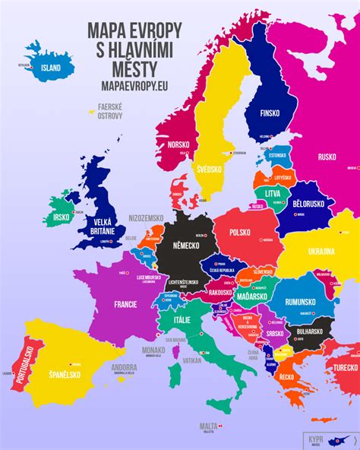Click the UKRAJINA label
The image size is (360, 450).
pos(320,251)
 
